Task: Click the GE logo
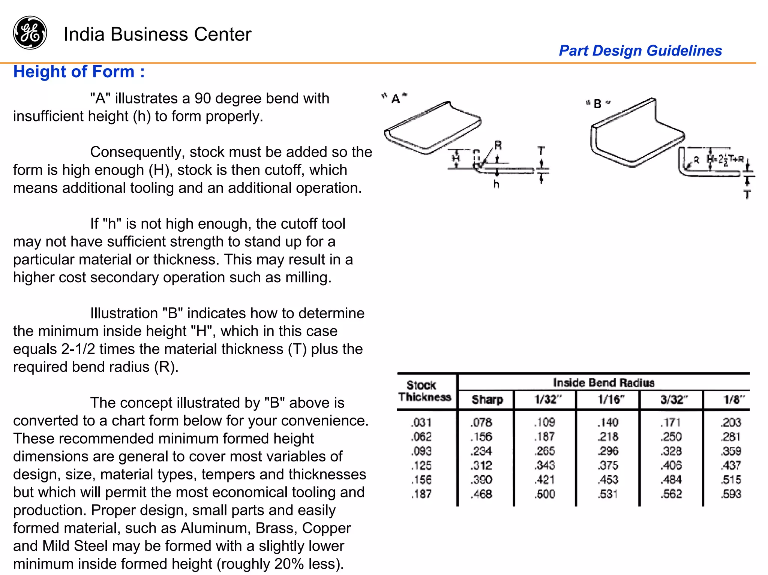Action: coord(30,33)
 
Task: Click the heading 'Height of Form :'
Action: coord(79,72)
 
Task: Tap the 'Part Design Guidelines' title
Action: coord(640,51)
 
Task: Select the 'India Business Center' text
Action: coord(157,34)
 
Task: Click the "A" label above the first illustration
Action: coord(395,99)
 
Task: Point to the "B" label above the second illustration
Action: coord(598,104)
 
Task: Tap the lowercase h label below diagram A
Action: coord(496,184)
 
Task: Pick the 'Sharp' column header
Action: coord(487,400)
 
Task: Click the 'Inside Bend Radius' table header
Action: coord(603,383)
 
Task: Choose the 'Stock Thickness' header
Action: coord(424,391)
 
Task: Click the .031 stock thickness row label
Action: coord(421,422)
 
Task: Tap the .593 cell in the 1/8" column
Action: coord(731,494)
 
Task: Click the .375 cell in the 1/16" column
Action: coord(608,465)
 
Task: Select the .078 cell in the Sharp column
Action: coord(481,422)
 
